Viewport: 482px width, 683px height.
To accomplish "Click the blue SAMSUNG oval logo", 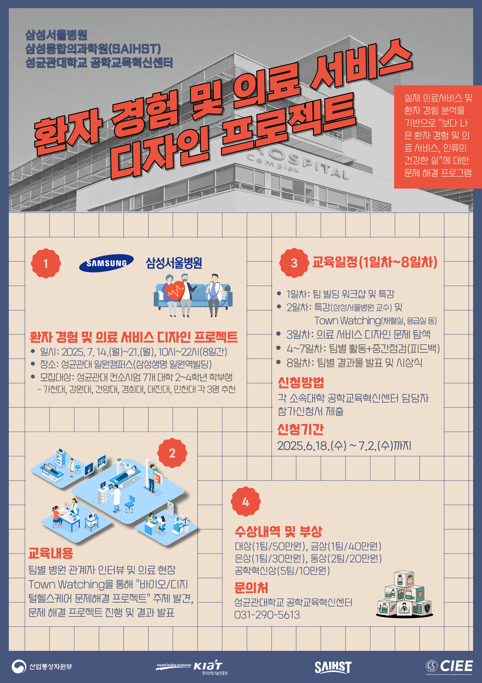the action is (106, 263).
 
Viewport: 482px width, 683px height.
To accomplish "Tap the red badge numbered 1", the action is (46, 263).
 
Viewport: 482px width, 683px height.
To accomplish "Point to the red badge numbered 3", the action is (294, 263).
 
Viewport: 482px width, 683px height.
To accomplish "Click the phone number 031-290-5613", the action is (267, 615).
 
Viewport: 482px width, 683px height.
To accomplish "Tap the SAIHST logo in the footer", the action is (333, 667).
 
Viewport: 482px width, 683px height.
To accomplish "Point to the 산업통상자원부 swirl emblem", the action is (19, 667).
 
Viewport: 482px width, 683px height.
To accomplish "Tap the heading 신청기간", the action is (301, 429).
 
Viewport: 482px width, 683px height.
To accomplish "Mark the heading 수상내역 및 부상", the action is (278, 531).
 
